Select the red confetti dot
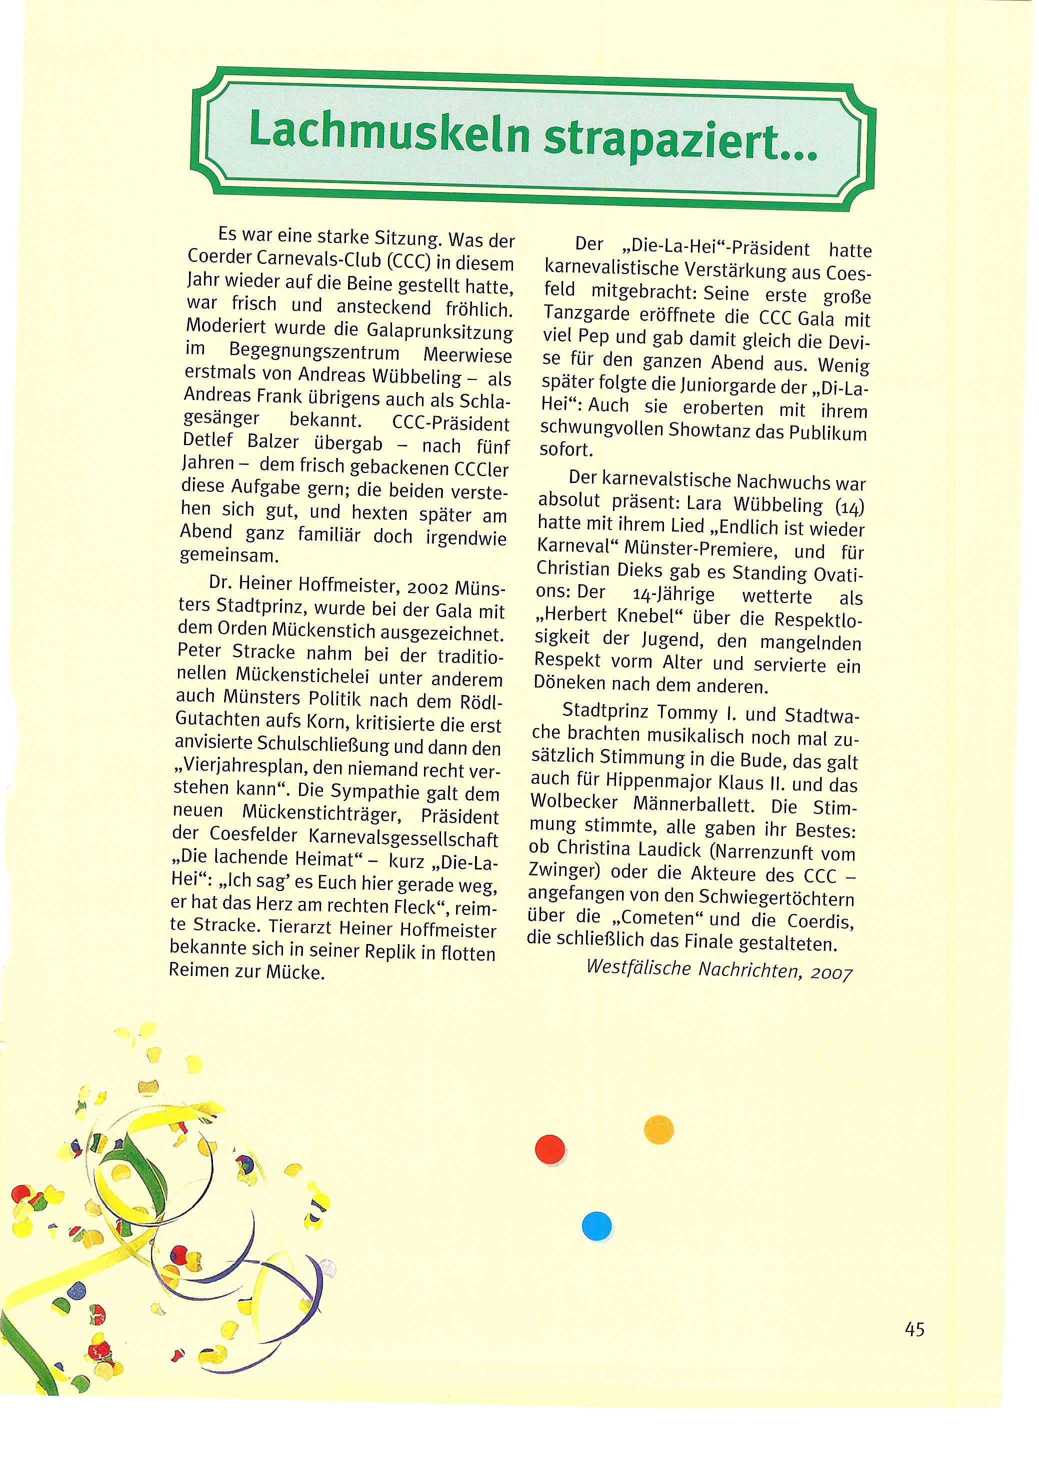549,1149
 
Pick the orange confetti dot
658,1129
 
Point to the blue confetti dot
596,1225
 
